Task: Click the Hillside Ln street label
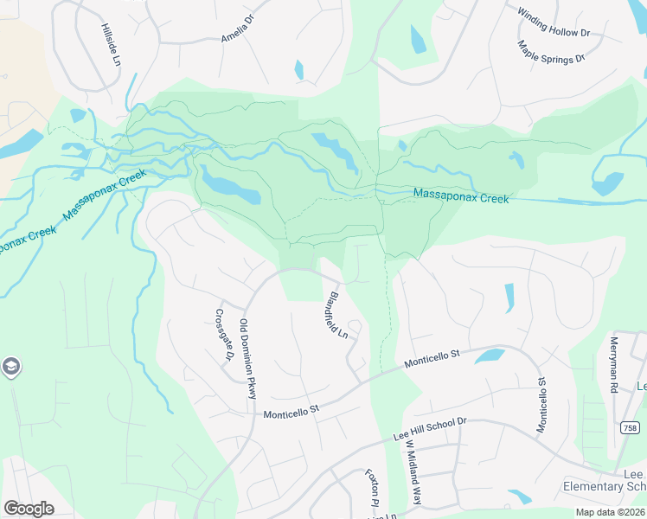coord(110,46)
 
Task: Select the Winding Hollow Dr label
coord(554,23)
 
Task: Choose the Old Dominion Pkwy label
coord(248,359)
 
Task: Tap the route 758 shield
coord(631,427)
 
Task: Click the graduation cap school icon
coord(10,367)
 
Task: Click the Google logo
coord(29,508)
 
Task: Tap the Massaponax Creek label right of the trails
coord(460,196)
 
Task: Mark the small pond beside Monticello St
coord(490,355)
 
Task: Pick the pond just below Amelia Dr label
coord(299,70)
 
